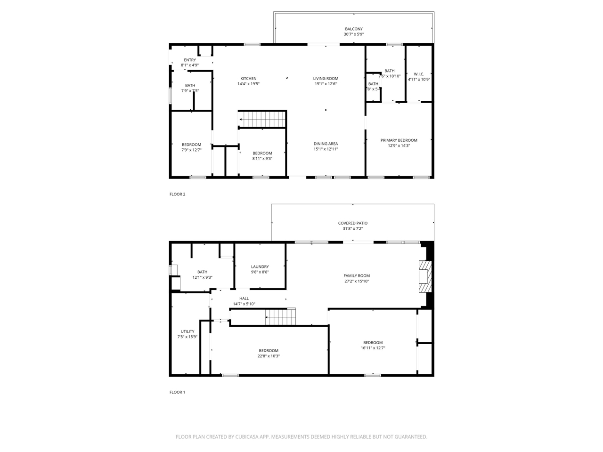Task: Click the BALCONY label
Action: [353, 29]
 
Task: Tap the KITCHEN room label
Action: [248, 79]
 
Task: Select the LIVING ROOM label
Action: [326, 79]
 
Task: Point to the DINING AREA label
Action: [326, 144]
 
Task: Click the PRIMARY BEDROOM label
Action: [399, 140]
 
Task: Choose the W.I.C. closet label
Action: [419, 74]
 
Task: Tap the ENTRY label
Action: [190, 60]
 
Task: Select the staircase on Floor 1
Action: [281, 317]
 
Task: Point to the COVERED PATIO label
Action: [352, 223]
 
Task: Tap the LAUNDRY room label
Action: [260, 267]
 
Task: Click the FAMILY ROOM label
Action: [357, 276]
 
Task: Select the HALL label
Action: [244, 299]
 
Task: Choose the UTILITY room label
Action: [187, 331]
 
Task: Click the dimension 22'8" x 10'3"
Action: [269, 356]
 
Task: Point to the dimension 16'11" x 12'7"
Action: [373, 348]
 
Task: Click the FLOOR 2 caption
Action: [178, 194]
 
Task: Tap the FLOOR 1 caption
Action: [178, 392]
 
